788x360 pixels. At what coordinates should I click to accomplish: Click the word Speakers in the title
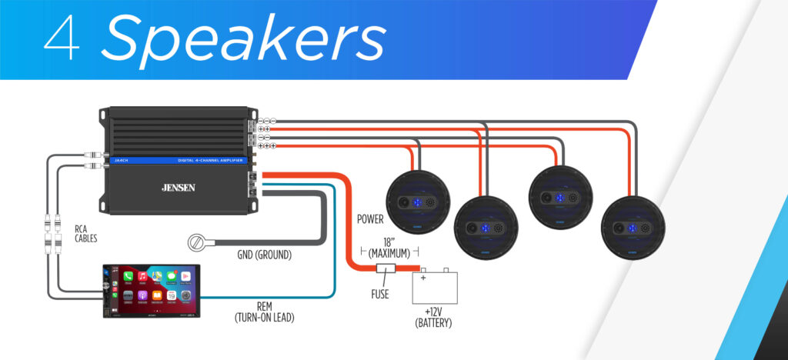point(242,40)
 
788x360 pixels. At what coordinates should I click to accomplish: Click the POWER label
point(370,219)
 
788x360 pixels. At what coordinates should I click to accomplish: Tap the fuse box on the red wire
point(386,269)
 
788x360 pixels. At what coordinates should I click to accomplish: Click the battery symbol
point(436,286)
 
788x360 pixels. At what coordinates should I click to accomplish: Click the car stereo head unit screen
point(153,290)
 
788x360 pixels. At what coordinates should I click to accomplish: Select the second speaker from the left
point(486,227)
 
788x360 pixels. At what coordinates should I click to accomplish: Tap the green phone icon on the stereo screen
point(129,275)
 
